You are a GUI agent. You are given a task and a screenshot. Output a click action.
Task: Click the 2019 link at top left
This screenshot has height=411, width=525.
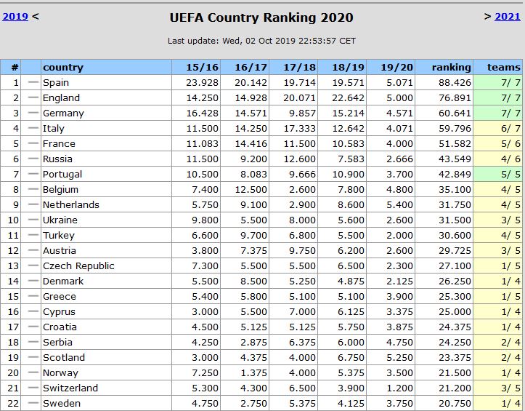[15, 16]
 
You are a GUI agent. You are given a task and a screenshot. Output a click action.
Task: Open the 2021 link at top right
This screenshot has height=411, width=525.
[507, 16]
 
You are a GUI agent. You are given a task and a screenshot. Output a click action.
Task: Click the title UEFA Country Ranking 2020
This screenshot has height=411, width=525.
[262, 17]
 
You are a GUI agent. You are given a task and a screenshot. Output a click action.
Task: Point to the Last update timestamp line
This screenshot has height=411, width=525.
[262, 41]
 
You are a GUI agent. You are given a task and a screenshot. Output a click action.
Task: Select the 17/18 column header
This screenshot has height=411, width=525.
[299, 67]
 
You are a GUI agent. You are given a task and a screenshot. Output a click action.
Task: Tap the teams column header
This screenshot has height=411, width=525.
[503, 67]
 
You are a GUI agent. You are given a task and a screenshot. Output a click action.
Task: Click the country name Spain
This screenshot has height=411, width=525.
[56, 82]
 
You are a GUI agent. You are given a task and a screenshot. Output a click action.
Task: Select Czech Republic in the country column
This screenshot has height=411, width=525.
[78, 266]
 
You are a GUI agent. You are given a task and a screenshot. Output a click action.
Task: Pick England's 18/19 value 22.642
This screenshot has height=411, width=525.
[349, 97]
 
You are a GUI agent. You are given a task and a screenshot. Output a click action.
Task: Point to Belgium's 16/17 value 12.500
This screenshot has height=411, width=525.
[251, 189]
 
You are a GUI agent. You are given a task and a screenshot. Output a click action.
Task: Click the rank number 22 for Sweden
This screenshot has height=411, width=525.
[10, 403]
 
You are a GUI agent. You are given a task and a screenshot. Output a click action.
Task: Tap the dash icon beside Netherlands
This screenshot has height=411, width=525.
[33, 204]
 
